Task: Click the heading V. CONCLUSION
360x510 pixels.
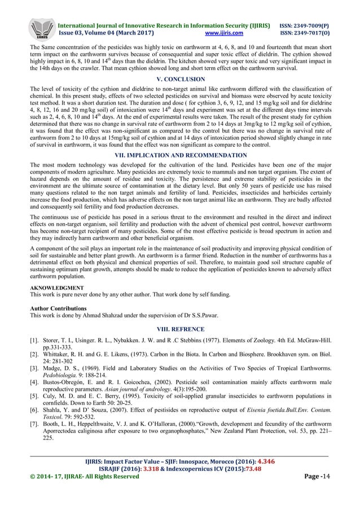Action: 179,80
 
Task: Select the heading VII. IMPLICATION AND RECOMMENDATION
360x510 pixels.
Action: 179,154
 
